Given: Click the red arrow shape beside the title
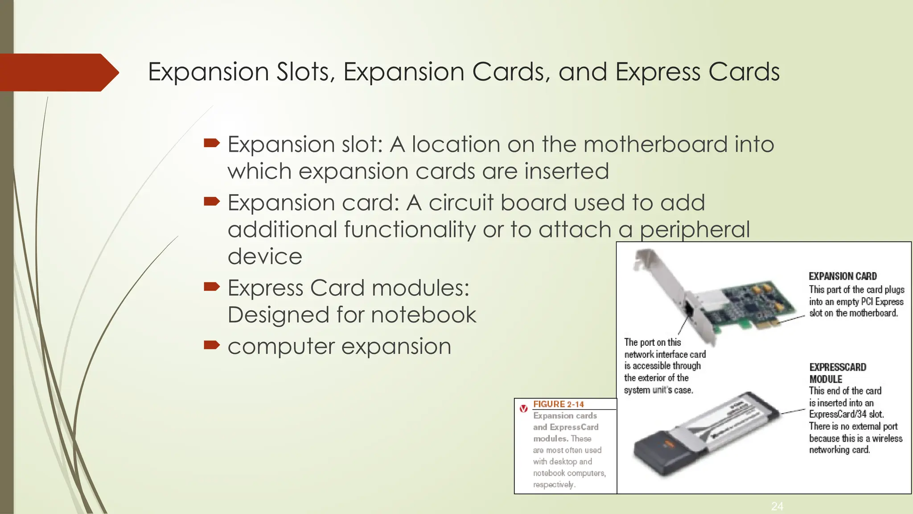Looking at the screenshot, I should click(58, 72).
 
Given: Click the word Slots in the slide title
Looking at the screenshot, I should click(305, 72).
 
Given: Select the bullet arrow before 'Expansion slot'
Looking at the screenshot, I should click(212, 143).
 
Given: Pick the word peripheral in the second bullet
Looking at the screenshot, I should click(695, 230).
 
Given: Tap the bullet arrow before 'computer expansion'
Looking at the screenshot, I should click(212, 345).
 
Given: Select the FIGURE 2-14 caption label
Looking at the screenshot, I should click(558, 404).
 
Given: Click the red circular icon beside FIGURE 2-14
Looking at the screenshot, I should click(524, 408).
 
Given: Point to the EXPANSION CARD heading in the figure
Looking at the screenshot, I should click(843, 276).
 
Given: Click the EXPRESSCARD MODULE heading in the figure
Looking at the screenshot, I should click(837, 373).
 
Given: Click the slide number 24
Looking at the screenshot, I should click(777, 506).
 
